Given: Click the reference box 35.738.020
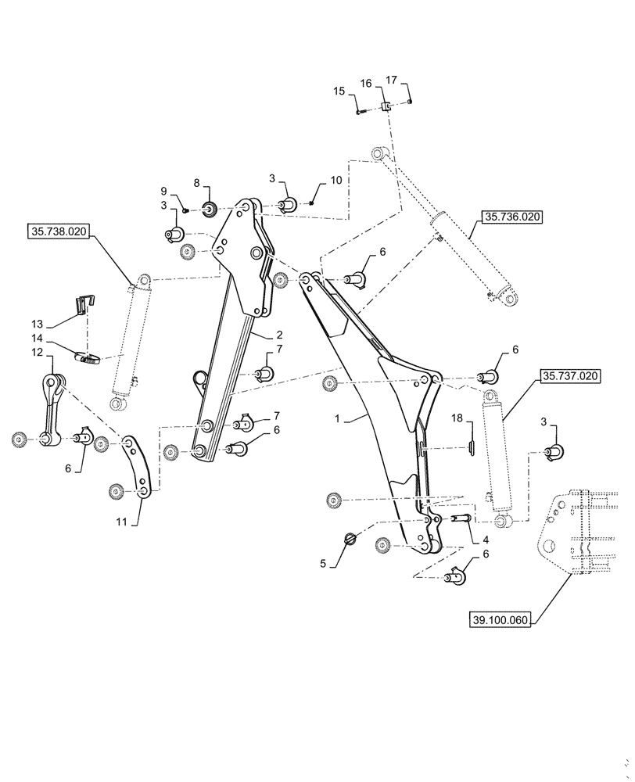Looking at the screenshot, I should coord(60,231).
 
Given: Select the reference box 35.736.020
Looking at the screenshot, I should coord(511,217).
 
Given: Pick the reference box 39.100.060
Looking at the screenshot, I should coord(500,620).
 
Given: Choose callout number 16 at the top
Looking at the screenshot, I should coord(366,84).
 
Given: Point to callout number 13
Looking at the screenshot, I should coord(37,323).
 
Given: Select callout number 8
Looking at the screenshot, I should coord(197,183).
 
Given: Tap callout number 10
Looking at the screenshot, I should coord(335,181).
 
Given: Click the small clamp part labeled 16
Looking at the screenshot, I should coord(386,106).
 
